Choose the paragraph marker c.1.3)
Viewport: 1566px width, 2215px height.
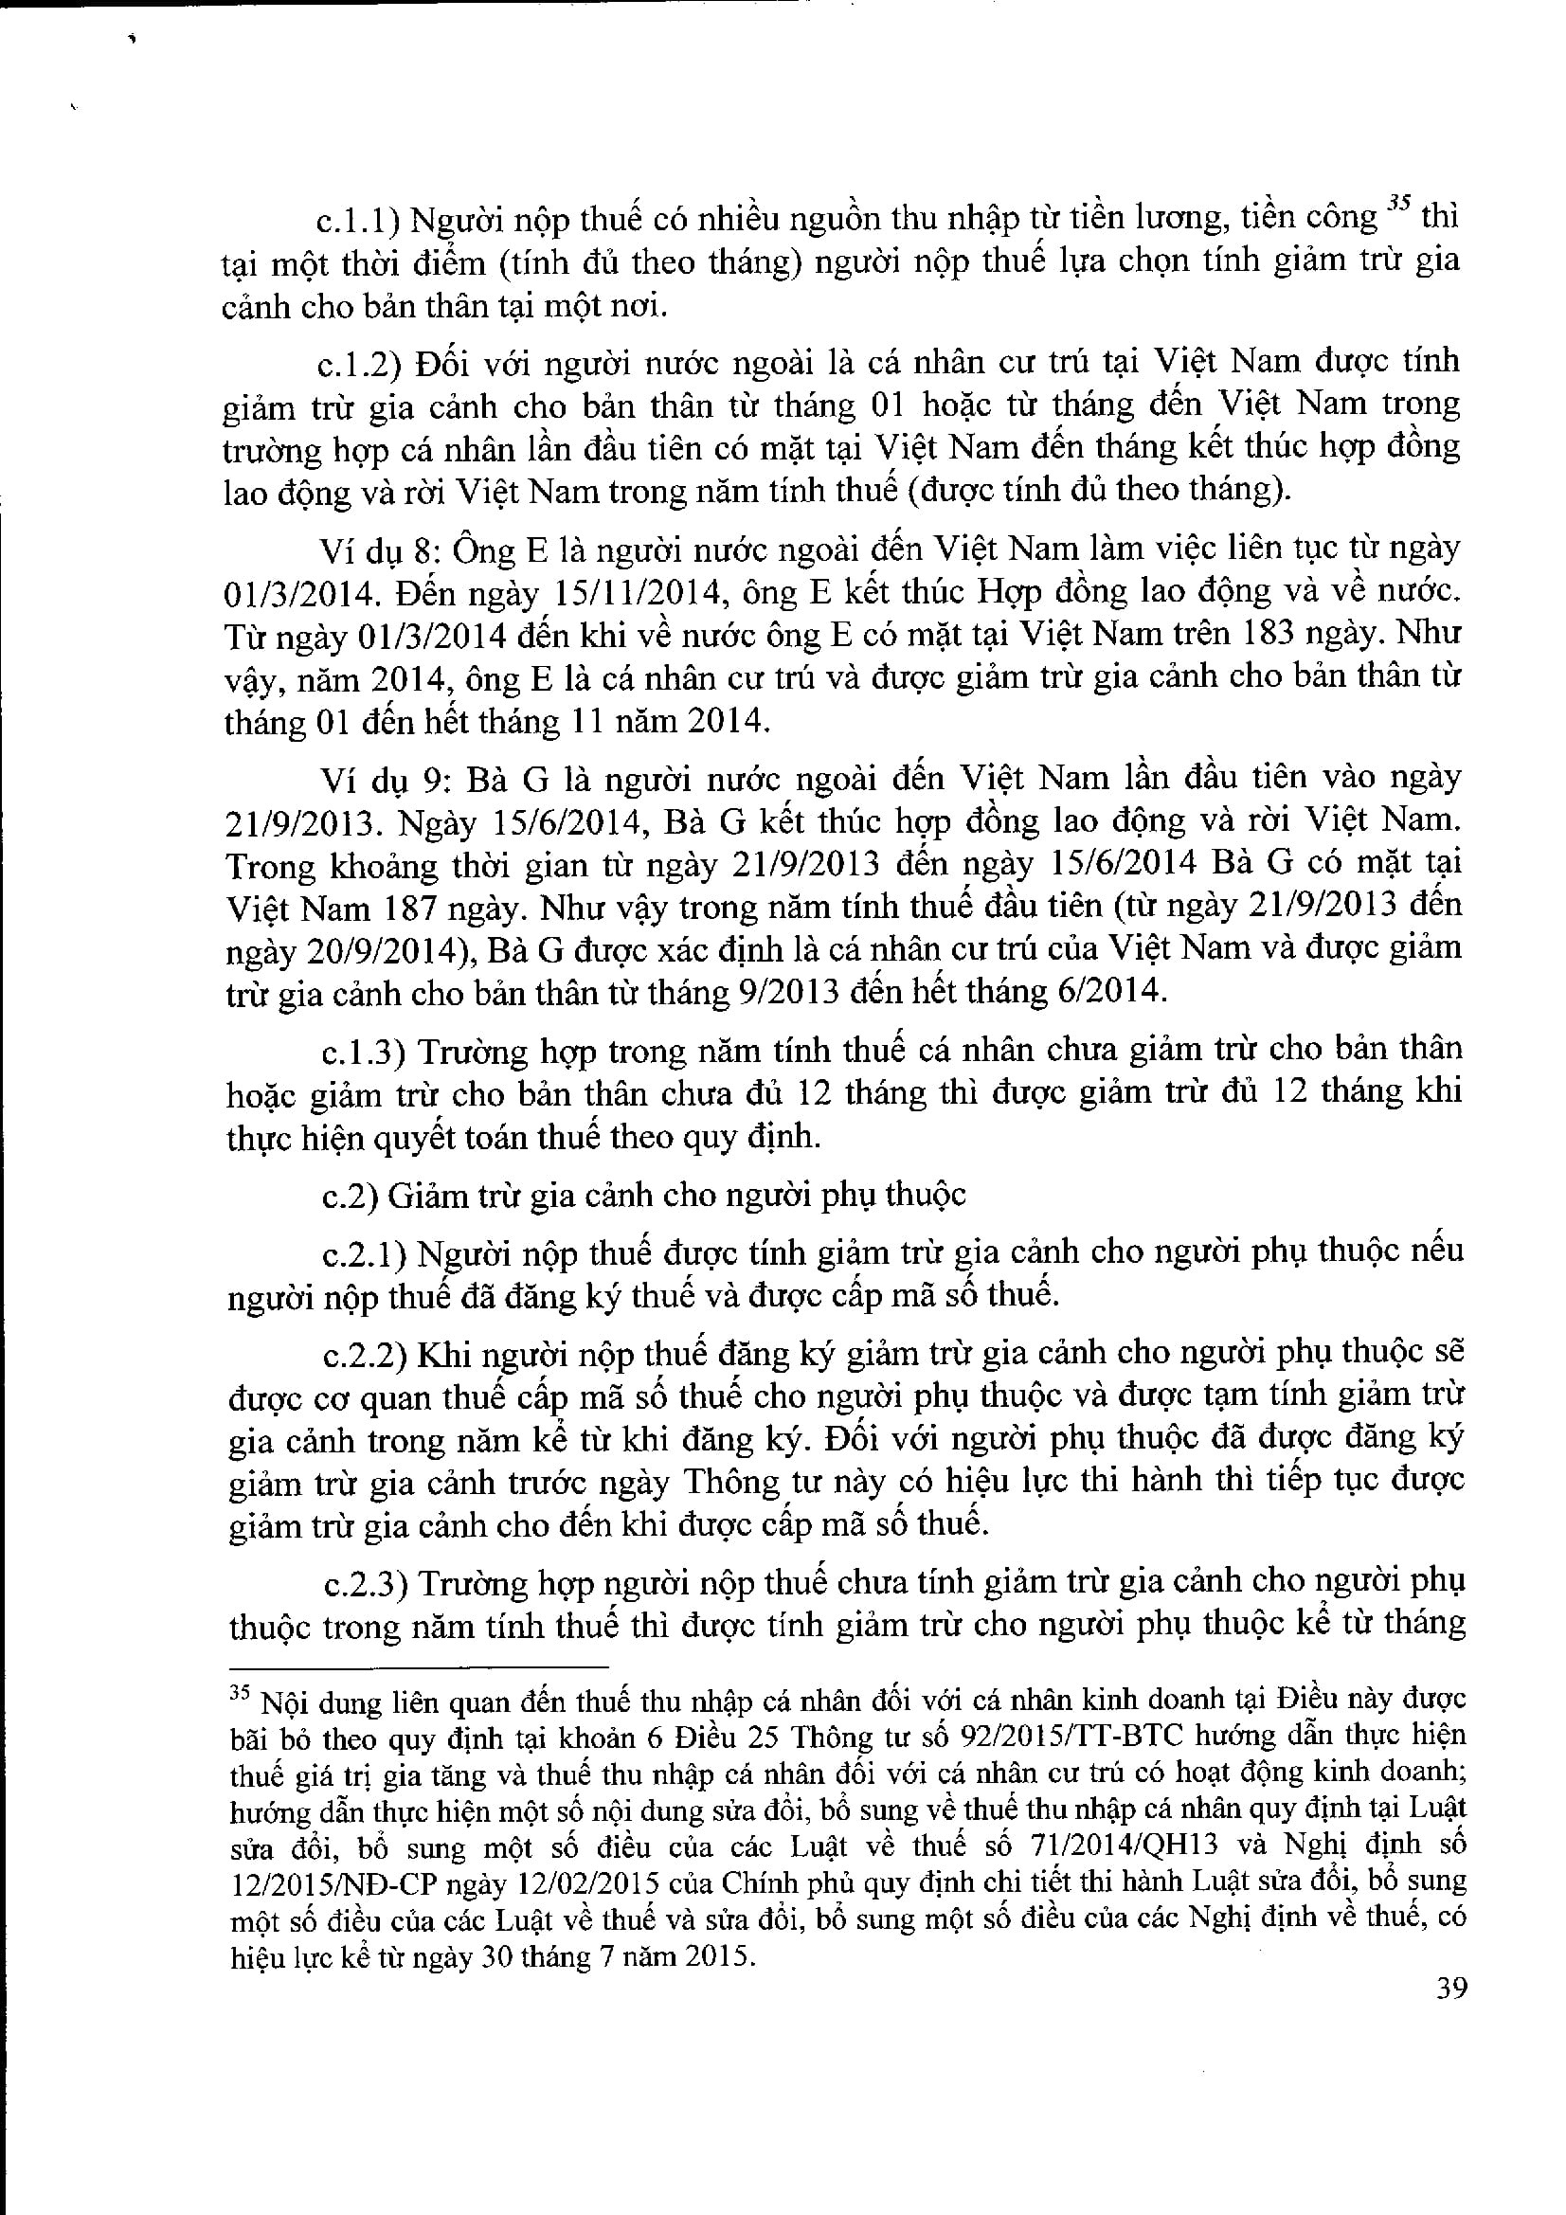(362, 1050)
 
